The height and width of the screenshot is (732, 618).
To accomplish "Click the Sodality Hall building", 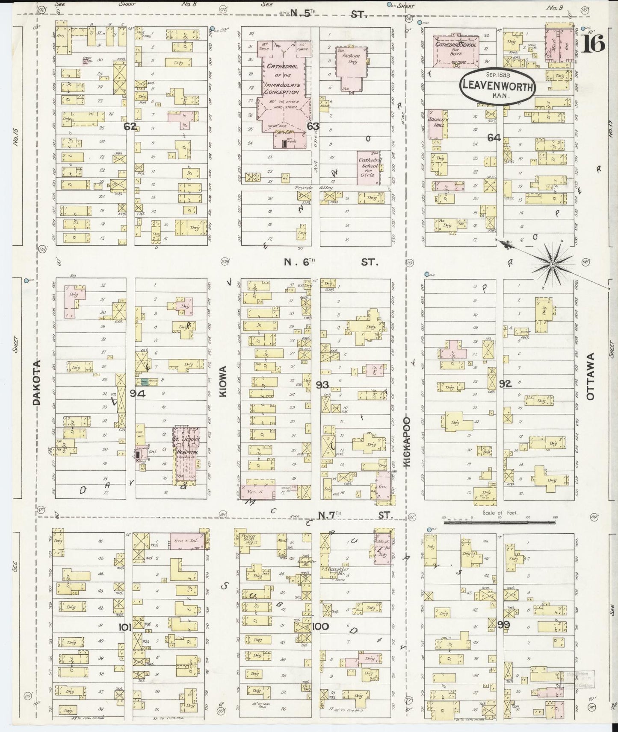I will click(x=436, y=124).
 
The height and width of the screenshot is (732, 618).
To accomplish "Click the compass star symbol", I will click(x=553, y=265).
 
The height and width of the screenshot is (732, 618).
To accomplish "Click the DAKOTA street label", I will click(x=38, y=382).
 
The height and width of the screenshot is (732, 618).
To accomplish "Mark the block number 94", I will click(x=138, y=394).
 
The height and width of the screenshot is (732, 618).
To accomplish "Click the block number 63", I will click(x=313, y=126).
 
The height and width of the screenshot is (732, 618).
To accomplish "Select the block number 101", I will click(x=125, y=627).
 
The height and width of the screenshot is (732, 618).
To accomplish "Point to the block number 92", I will click(x=505, y=384).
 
